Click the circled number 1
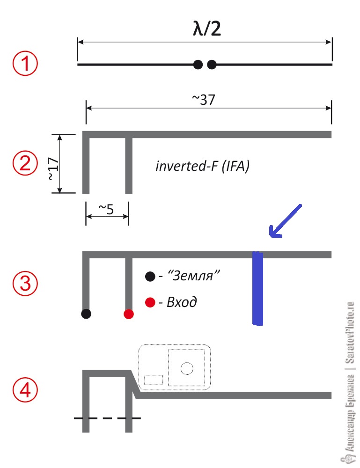[x=25, y=64]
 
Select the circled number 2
[x=25, y=163]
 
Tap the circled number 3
[x=25, y=283]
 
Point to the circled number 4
[x=25, y=390]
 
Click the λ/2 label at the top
[x=207, y=29]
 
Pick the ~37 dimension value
[x=203, y=99]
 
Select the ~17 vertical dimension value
[x=54, y=168]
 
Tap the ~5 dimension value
[x=106, y=209]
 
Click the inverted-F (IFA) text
[x=202, y=166]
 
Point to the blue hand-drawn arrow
[x=285, y=221]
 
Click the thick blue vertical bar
[x=257, y=288]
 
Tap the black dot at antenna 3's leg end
[x=86, y=314]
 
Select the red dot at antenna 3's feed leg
[x=129, y=314]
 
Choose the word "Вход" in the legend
[x=182, y=302]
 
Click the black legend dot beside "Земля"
[x=150, y=277]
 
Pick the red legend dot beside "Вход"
[x=150, y=302]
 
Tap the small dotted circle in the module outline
[x=187, y=368]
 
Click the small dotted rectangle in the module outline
[x=154, y=380]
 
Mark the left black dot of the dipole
[x=198, y=65]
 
